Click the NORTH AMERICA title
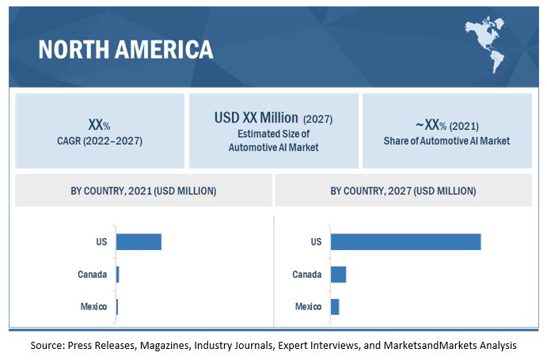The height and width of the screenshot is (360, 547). [x=126, y=49]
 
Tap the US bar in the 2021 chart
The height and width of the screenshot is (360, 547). [x=139, y=241]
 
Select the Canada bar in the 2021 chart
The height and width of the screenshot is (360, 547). [x=117, y=275]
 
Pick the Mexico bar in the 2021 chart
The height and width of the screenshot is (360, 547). [x=116, y=306]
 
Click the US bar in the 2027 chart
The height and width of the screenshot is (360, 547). [x=405, y=241]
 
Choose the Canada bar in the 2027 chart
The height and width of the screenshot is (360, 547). [x=338, y=275]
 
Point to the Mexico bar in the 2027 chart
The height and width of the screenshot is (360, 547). [x=335, y=306]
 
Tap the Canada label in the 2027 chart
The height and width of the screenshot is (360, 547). [x=306, y=275]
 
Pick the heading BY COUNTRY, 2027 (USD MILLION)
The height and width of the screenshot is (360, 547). [x=403, y=191]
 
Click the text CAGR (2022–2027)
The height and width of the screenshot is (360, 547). [x=99, y=141]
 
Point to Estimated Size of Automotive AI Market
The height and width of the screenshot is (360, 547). [x=273, y=141]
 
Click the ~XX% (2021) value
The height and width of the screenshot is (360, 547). [x=447, y=125]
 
